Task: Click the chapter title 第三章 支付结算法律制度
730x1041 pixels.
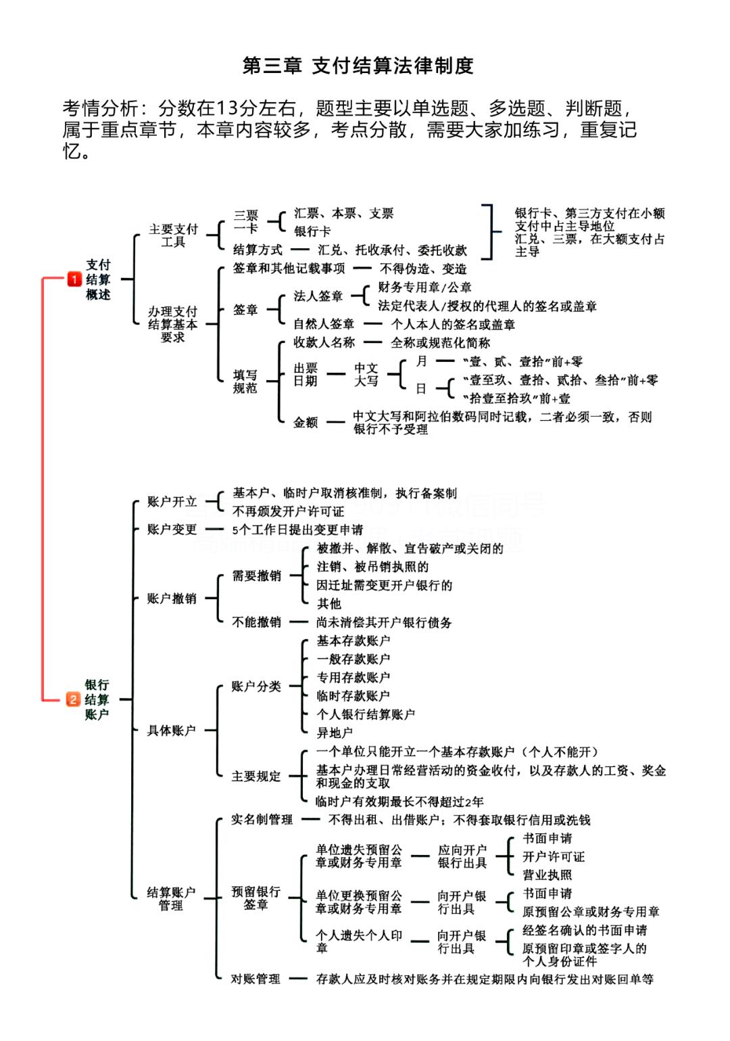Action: coord(358,66)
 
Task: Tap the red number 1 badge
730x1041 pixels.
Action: coord(74,279)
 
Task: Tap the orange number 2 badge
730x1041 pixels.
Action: coord(73,699)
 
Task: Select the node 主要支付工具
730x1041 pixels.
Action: coord(173,235)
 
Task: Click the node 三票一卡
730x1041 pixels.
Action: coord(245,221)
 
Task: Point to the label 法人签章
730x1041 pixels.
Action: coord(318,296)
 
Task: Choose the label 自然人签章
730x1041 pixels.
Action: coord(323,325)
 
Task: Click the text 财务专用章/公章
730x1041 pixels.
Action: coord(424,287)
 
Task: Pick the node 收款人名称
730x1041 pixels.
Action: coord(324,343)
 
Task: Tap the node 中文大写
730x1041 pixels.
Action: coord(366,374)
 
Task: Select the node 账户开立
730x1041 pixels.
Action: coord(172,502)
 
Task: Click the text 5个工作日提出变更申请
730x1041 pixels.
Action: coord(297,530)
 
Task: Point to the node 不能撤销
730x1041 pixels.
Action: coord(256,622)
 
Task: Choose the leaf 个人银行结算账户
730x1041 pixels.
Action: coord(366,714)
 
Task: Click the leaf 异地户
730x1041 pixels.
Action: coord(335,733)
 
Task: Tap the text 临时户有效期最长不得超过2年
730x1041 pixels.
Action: coord(399,802)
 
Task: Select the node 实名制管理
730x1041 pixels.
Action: coord(262,820)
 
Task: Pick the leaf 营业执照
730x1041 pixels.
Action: coord(547,875)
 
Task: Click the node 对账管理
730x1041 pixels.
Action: coord(255,979)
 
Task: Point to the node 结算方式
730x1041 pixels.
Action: coord(258,250)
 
